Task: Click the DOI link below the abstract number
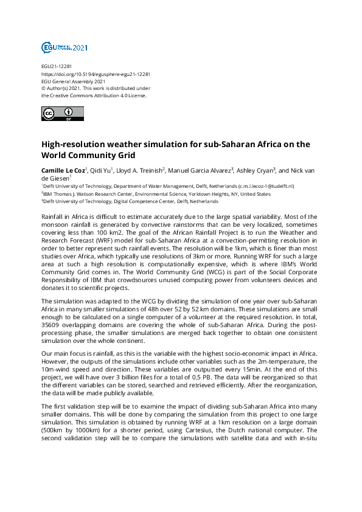96,74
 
